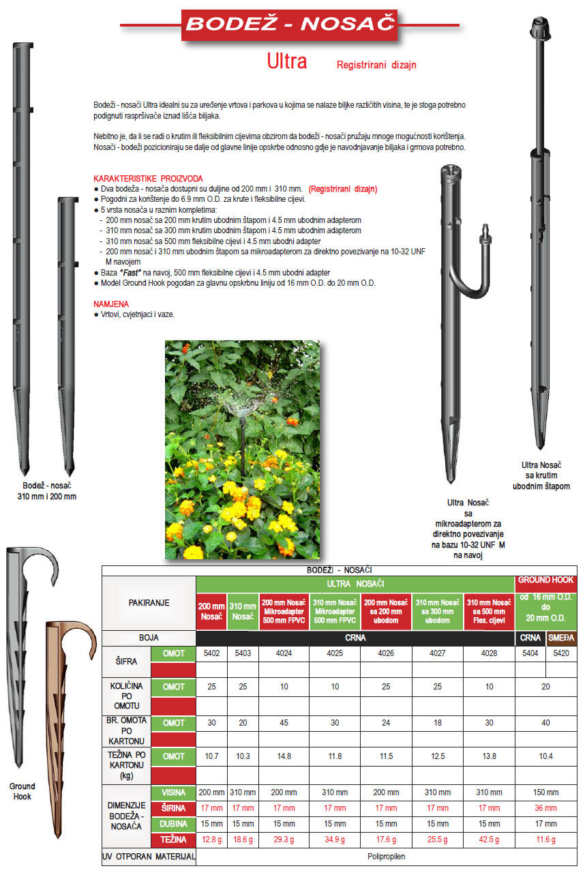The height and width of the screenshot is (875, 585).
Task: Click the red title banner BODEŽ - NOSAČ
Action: point(290,25)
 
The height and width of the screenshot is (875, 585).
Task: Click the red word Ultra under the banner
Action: point(286,62)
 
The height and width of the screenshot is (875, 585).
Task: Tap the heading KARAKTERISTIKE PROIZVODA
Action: point(148,178)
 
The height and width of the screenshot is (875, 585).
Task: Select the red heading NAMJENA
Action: point(110,303)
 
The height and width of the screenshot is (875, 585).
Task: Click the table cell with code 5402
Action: point(211,653)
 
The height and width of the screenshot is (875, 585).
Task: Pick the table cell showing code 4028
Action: point(489,653)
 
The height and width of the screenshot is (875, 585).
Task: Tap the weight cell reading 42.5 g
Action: point(489,840)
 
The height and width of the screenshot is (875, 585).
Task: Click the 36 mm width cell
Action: point(545,808)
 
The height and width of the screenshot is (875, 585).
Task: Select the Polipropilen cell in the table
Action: point(386,856)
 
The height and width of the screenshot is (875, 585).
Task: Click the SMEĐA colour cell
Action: point(562,638)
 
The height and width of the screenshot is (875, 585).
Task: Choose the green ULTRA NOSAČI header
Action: point(355,584)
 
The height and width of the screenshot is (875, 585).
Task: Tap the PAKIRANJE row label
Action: point(149,603)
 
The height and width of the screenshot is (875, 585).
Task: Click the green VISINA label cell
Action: point(173,792)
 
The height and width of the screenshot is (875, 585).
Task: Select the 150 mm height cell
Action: point(545,792)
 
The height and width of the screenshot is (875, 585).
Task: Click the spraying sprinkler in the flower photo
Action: point(241,409)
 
